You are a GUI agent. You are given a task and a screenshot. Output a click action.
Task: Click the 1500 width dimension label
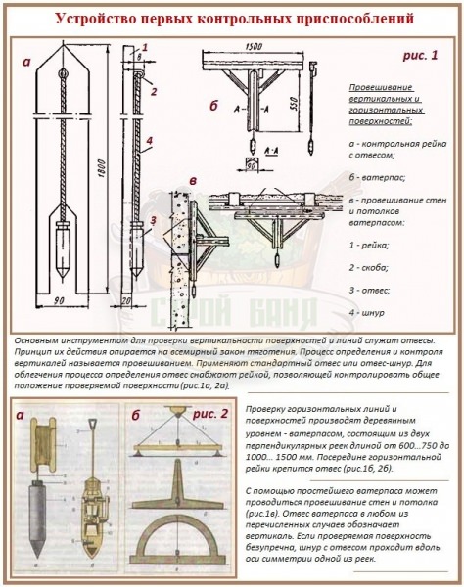coord(254,47)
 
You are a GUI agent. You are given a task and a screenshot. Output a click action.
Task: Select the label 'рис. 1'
coord(422,56)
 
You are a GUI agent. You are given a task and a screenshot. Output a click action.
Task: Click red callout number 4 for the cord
coord(149,140)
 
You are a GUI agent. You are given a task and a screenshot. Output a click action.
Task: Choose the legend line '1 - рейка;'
coord(371,241)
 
